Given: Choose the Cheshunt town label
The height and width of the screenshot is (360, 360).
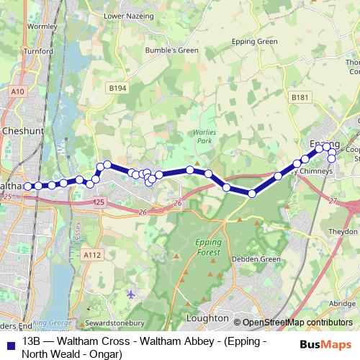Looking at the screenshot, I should [24, 132].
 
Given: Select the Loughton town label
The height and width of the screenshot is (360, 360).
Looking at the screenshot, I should [207, 318].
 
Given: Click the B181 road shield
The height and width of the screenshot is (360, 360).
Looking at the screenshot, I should [300, 96].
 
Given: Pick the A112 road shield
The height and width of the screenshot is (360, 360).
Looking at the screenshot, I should [91, 254].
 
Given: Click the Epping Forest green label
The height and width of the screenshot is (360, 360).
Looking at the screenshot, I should [210, 247].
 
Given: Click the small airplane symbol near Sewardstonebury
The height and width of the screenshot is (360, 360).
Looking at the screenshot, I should [130, 294].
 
